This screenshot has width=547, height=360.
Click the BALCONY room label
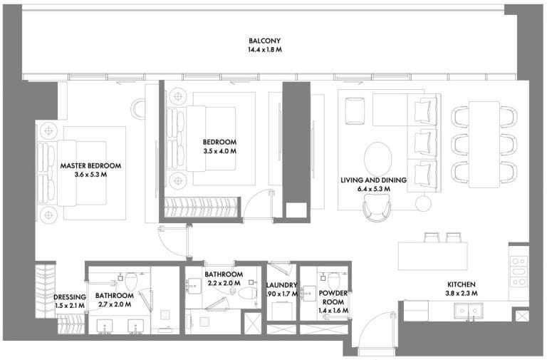tap(264, 41)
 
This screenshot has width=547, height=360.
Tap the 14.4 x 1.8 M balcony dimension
tap(265, 50)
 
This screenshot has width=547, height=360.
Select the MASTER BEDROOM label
tap(90, 165)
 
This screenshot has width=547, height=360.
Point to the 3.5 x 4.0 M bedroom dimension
tap(220, 151)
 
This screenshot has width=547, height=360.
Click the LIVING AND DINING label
tap(374, 180)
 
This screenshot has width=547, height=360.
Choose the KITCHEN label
tap(462, 284)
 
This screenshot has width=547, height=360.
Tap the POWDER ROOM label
tap(333, 297)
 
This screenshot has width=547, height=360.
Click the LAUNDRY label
tap(281, 285)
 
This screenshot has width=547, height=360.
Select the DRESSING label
tap(70, 297)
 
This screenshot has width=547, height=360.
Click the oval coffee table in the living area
tap(377, 158)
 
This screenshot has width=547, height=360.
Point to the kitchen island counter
tap(432, 256)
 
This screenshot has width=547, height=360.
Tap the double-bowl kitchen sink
tap(468, 310)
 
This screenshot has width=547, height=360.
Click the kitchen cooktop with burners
tap(519, 272)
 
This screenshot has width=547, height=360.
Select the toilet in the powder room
tap(333, 280)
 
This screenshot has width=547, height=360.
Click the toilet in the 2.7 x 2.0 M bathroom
tap(131, 280)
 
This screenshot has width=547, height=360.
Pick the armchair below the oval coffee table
tap(376, 207)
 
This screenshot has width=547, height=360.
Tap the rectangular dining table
tap(484, 144)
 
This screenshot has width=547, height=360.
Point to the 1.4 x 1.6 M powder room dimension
tap(333, 310)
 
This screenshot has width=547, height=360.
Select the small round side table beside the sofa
tap(424, 204)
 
